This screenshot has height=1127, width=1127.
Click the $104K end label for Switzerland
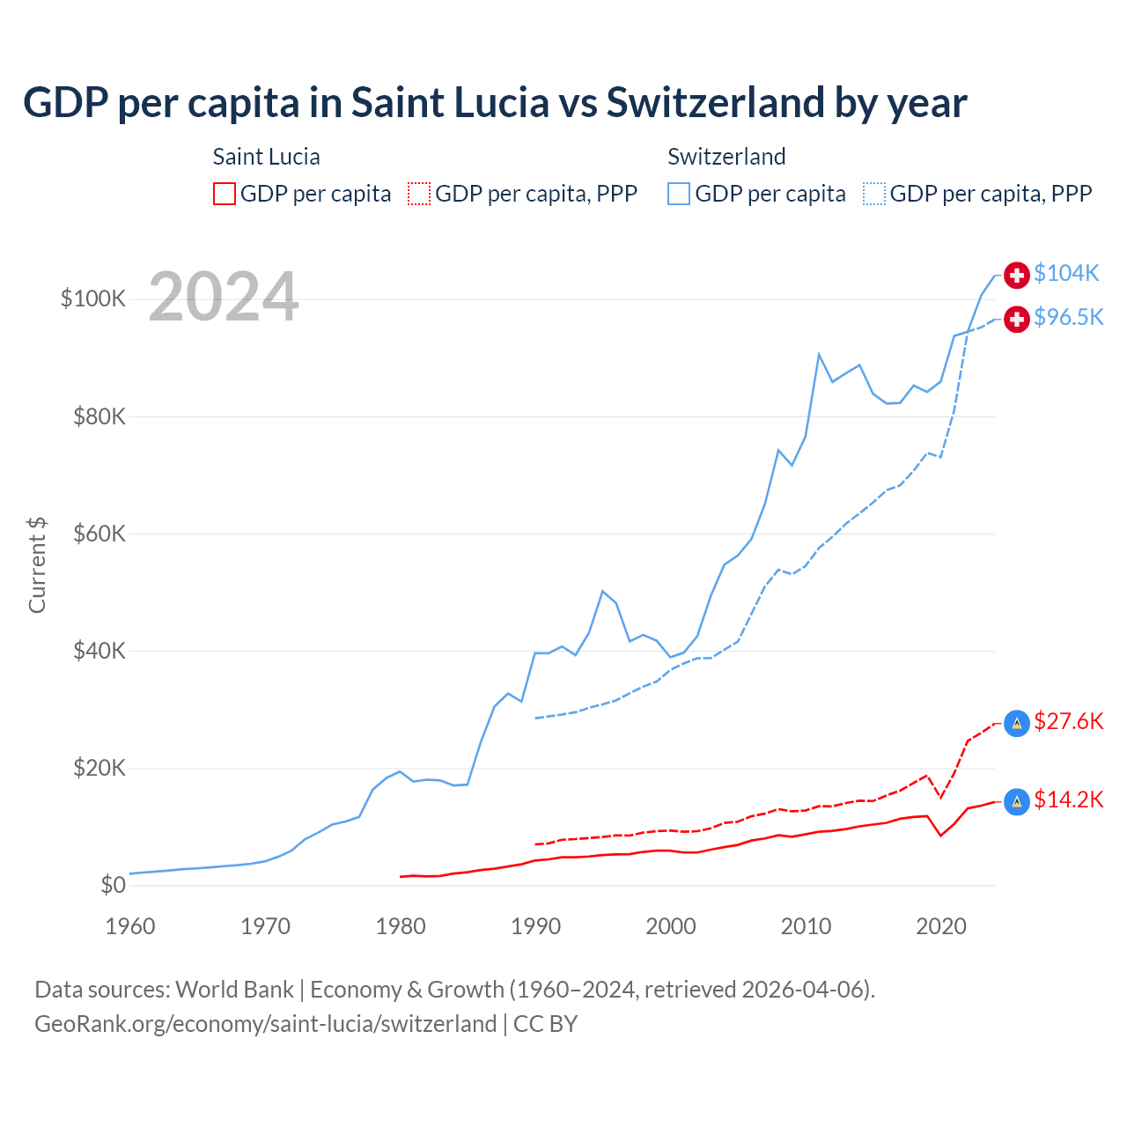point(1066,274)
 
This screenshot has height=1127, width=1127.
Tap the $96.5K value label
point(1068,318)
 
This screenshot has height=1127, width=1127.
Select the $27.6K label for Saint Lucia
point(1068,722)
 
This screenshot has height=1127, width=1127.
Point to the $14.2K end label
point(1068,800)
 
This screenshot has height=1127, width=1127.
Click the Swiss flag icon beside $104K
point(1017,275)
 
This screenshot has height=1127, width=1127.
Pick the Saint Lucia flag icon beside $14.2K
point(1017,801)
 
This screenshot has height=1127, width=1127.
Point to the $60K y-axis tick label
point(99,534)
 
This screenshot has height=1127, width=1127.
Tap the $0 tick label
point(113,885)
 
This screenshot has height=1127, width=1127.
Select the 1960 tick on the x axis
point(130,926)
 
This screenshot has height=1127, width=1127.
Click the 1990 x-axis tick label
point(535,926)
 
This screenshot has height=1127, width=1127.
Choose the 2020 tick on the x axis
point(941,926)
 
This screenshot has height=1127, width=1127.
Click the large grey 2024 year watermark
point(224,297)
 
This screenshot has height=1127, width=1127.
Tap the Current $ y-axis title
point(37,564)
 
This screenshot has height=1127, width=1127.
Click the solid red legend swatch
point(225,194)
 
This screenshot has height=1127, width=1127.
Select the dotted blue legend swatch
point(874,194)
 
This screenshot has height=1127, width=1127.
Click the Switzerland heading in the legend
point(726,157)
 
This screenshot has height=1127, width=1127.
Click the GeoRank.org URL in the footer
point(265,1024)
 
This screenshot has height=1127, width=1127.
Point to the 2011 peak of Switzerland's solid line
point(819,355)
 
